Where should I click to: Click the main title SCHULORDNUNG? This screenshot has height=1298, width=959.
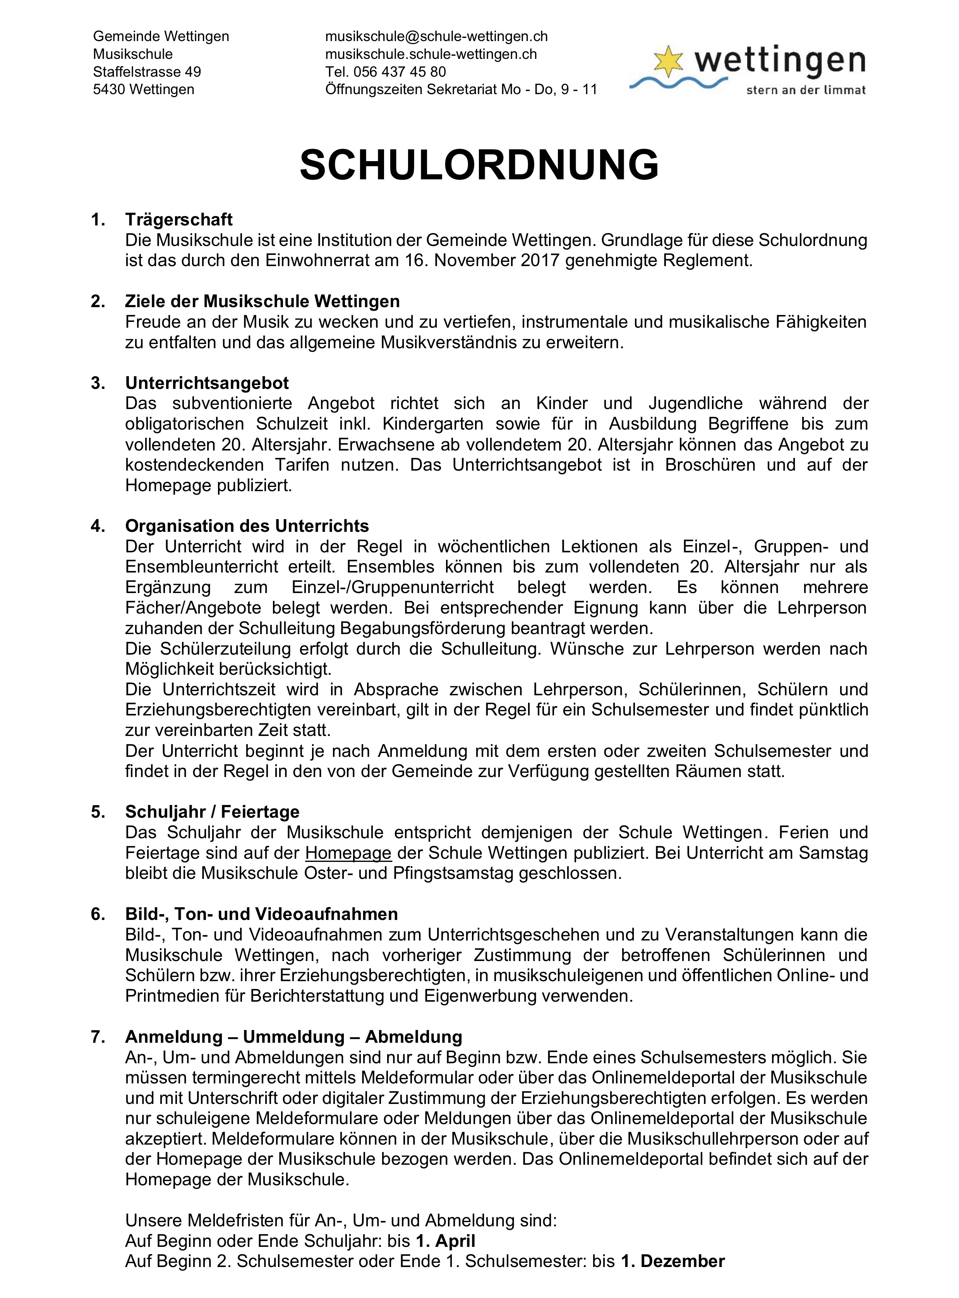(479, 165)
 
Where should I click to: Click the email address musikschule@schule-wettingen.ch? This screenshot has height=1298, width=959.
(436, 36)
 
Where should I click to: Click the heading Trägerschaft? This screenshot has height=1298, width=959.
(179, 220)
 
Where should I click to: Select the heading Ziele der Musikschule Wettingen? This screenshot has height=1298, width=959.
(262, 301)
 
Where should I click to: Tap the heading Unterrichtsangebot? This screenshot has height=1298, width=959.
(207, 383)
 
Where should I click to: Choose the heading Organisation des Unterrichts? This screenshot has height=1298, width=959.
(247, 526)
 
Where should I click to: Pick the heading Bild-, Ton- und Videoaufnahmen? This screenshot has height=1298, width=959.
(261, 914)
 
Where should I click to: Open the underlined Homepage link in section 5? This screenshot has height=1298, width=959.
(348, 853)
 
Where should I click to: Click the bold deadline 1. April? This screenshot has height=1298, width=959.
(445, 1241)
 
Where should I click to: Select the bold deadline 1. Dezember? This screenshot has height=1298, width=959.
(673, 1262)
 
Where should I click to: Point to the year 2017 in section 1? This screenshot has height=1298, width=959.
(540, 260)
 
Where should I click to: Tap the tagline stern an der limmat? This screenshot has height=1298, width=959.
(806, 90)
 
